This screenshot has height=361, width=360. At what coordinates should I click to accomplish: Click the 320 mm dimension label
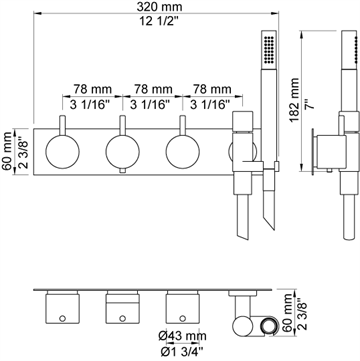coord(157,6)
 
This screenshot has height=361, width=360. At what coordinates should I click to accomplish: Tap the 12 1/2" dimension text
coord(157,22)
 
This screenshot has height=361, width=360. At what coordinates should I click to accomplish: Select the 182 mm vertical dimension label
coord(295,101)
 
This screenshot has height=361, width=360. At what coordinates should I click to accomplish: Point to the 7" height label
coord(311,103)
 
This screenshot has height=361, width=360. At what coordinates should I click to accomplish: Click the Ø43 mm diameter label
coord(182,336)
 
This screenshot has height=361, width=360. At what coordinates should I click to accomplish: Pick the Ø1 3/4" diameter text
coord(182,351)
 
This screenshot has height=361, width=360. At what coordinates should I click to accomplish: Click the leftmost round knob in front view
coord(62,151)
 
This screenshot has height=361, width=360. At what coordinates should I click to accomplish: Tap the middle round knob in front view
coord(123,151)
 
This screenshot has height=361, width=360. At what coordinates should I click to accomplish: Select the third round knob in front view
coord(183,151)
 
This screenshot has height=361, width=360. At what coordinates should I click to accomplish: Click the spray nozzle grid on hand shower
coord(269,49)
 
